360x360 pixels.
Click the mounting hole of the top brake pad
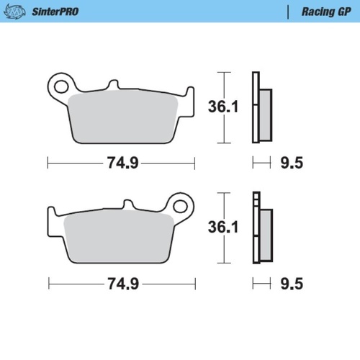click(61, 83)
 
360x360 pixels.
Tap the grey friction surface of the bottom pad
click(119, 238)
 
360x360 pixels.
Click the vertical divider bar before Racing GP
click(289, 12)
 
